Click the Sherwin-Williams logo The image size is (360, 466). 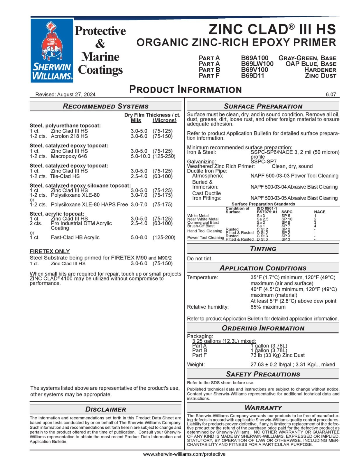pyautogui.click(x=52, y=50)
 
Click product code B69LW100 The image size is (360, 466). pyautogui.click(x=257, y=64)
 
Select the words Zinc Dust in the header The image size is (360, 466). pyautogui.click(x=320, y=76)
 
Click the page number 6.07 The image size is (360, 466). pyautogui.click(x=331, y=94)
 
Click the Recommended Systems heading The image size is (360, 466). pyautogui.click(x=105, y=106)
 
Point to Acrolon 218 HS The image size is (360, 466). pyautogui.click(x=69, y=136)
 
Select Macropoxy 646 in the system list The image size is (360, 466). pyautogui.click(x=69, y=156)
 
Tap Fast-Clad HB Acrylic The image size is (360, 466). pyautogui.click(x=75, y=237)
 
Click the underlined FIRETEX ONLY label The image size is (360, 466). pyautogui.click(x=50, y=251)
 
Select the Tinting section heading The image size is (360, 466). pyautogui.click(x=263, y=249)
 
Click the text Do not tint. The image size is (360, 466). pyautogui.click(x=200, y=259)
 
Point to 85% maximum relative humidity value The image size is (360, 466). pyautogui.click(x=268, y=307)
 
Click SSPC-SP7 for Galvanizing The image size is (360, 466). pyautogui.click(x=263, y=161)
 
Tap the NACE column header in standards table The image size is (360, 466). pyautogui.click(x=320, y=212)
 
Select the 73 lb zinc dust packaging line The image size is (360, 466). pyautogui.click(x=277, y=355)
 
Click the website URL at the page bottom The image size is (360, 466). pyautogui.click(x=184, y=454)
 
